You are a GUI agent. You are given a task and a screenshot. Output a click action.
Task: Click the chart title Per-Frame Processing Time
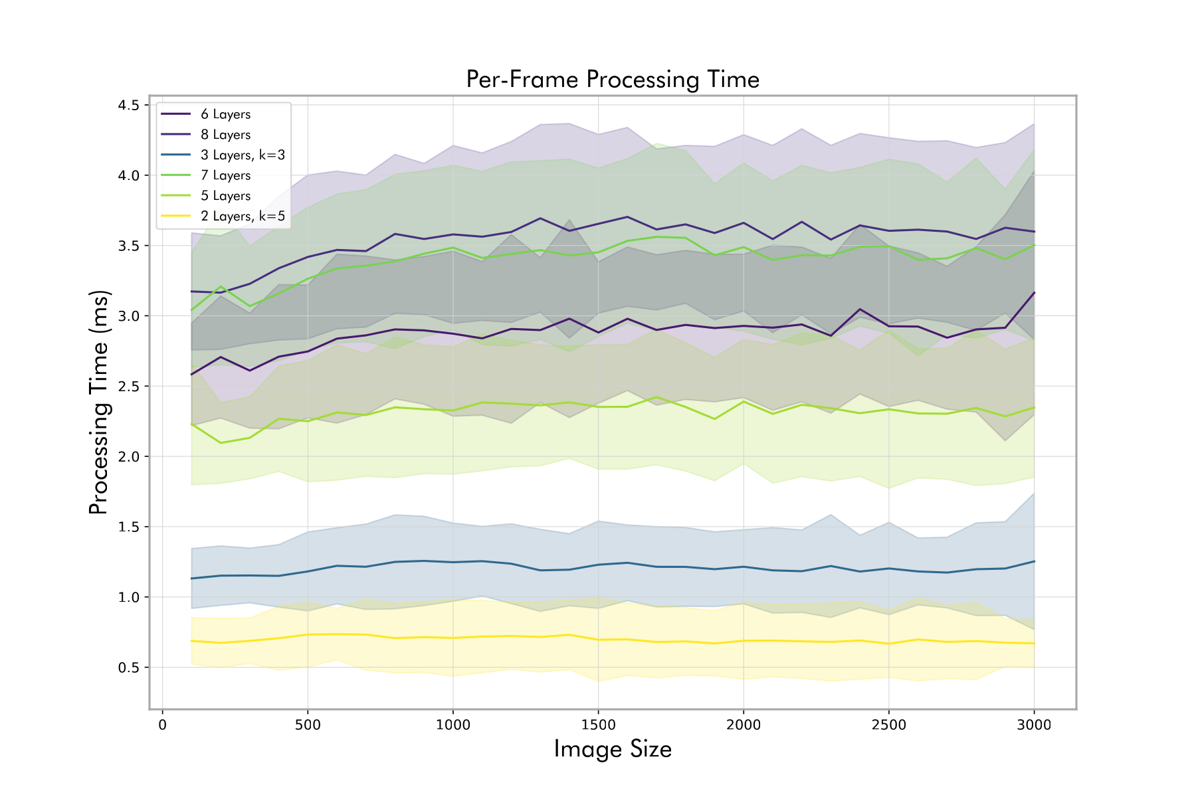612,80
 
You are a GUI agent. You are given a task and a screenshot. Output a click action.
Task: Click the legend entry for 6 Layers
225,114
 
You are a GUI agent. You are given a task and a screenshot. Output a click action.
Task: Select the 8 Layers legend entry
225,135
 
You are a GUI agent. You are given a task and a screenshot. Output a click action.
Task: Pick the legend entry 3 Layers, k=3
243,155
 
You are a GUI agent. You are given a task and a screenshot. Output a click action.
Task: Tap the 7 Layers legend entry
225,175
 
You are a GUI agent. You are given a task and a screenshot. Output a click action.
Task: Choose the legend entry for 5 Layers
225,196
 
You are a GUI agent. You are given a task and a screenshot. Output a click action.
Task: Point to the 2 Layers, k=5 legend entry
243,217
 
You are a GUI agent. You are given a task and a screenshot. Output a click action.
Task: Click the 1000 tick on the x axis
452,725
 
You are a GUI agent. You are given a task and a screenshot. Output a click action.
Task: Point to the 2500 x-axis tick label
888,725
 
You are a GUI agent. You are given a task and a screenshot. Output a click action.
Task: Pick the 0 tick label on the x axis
162,725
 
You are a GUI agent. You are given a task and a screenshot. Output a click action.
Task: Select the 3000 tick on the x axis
1034,725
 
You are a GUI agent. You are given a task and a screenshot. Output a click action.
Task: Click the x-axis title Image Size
612,749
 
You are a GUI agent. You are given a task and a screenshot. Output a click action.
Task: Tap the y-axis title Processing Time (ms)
98,402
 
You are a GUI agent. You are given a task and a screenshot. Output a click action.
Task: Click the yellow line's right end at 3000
1034,644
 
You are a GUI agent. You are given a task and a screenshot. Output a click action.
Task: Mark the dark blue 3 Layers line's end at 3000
1034,561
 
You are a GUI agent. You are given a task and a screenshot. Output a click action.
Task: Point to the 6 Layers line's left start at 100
191,375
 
